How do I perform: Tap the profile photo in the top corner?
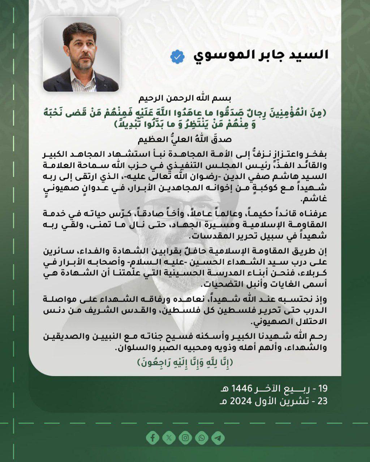(x=82, y=54)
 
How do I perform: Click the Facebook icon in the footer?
(x=153, y=438)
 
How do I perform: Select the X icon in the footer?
(x=169, y=438)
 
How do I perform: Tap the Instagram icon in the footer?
(x=185, y=438)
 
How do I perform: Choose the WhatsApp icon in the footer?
(x=202, y=438)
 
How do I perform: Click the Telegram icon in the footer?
(x=218, y=438)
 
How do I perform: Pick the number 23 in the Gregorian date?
(x=322, y=401)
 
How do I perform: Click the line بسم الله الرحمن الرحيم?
(x=185, y=98)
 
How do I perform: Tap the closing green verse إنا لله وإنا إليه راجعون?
(x=185, y=362)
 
